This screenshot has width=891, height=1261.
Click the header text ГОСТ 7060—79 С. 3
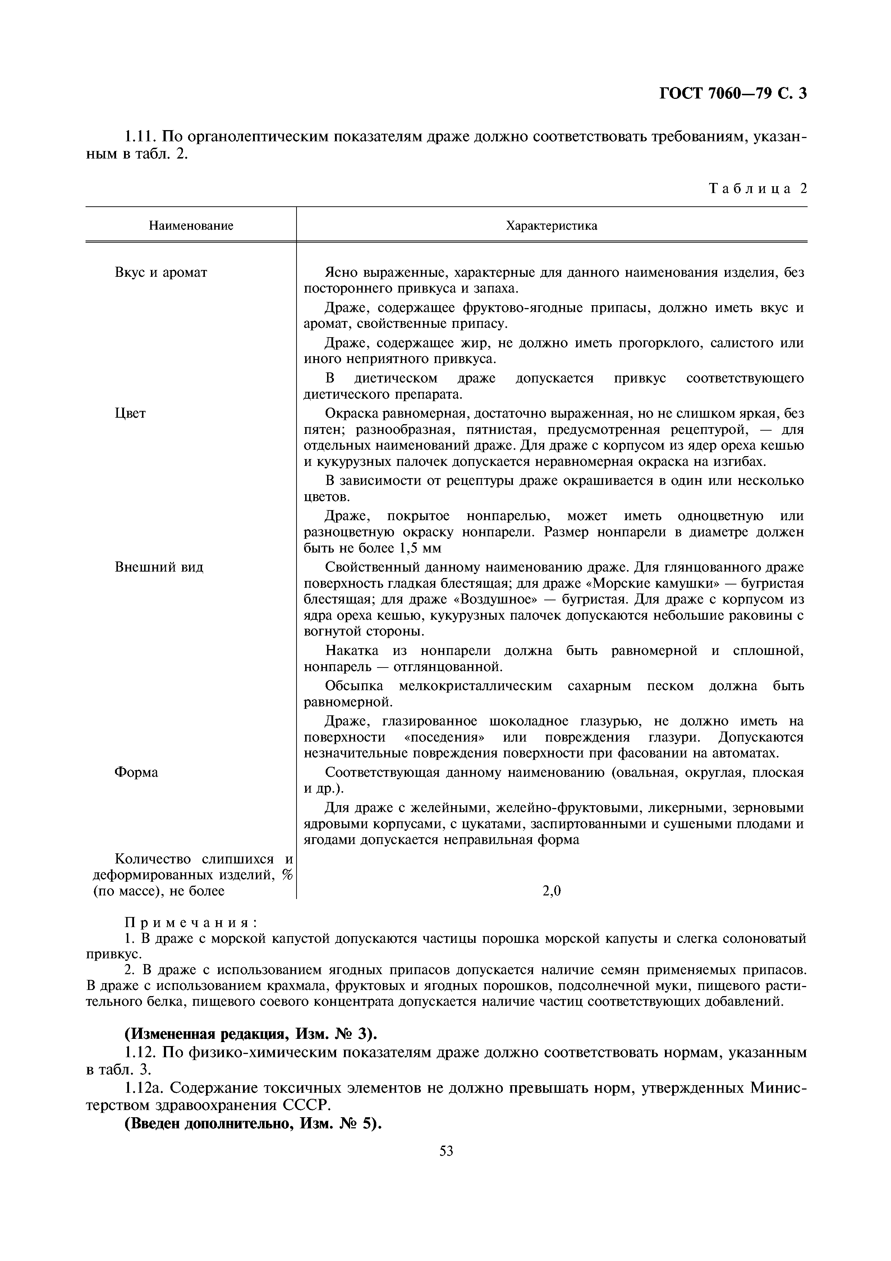click(x=732, y=94)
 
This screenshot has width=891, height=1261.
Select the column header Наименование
click(x=191, y=225)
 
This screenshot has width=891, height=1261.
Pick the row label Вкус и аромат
click(x=161, y=272)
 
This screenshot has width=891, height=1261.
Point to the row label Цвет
click(x=130, y=413)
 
